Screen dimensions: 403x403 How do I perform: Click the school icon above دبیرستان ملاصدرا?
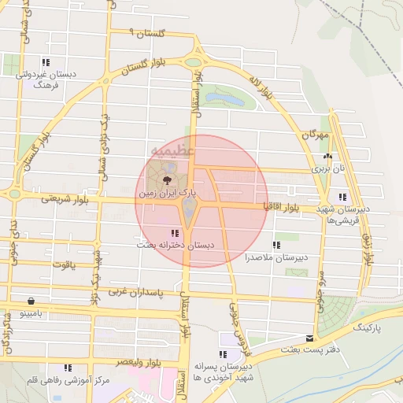[275, 245]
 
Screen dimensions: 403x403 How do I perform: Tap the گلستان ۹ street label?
[148, 33]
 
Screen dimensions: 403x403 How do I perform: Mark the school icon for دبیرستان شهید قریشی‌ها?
[342, 197]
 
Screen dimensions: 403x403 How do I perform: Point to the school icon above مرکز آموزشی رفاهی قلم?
[68, 368]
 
